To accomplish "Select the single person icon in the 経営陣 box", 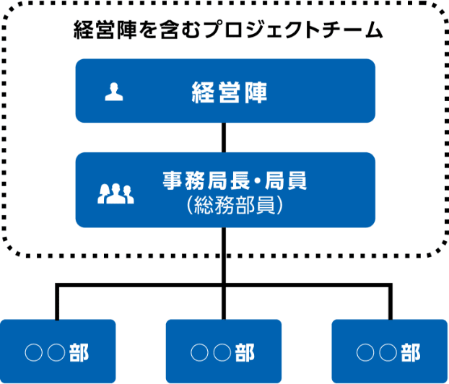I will (x=113, y=92).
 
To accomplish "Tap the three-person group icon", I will (x=115, y=193).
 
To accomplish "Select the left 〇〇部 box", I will (x=58, y=352).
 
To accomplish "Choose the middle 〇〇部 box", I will (x=224, y=352).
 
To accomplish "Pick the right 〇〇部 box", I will (x=390, y=352).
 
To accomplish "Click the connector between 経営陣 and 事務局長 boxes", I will (x=225, y=137).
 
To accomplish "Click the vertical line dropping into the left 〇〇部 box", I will (x=58, y=303).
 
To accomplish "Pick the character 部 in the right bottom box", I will (x=411, y=352).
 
